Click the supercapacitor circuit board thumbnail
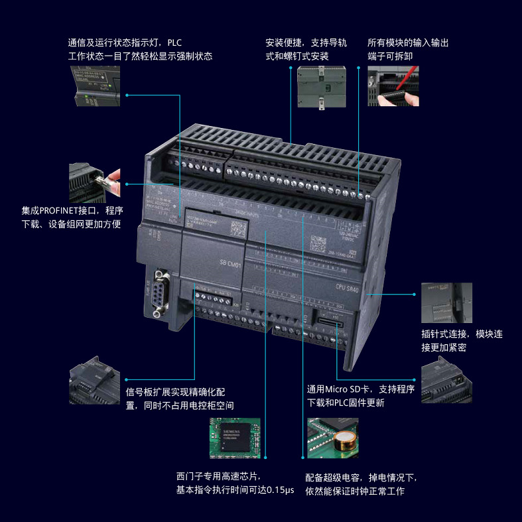(332, 437)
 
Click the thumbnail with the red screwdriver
(393, 86)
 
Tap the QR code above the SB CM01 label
(237, 228)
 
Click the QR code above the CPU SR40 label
(319, 240)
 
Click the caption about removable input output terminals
(407, 49)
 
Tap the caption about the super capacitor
(361, 484)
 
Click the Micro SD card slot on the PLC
(328, 322)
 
